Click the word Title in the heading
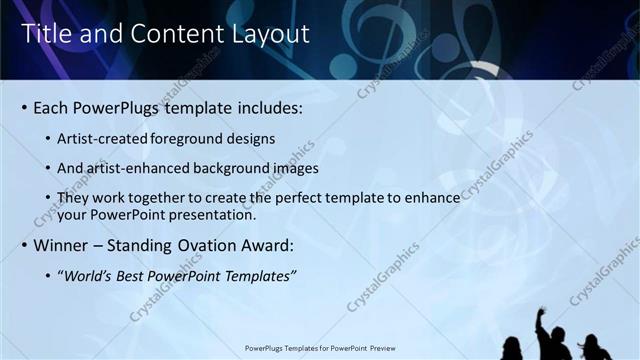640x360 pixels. (x=43, y=33)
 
